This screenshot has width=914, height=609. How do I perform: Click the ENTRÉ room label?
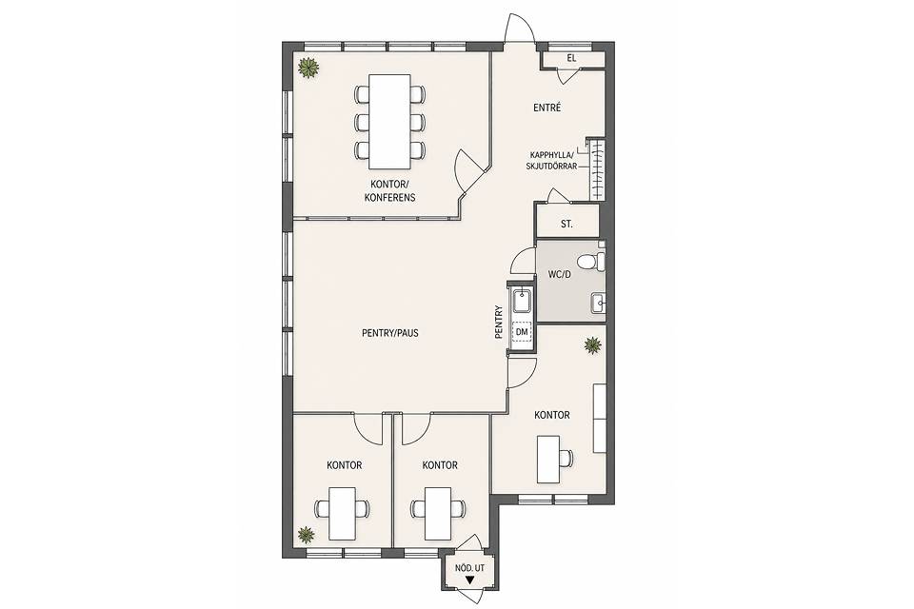pyautogui.click(x=546, y=108)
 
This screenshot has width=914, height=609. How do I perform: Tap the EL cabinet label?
pyautogui.click(x=571, y=58)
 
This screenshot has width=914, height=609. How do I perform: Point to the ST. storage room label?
pyautogui.click(x=566, y=224)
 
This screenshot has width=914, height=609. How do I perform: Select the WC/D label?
pyautogui.click(x=559, y=274)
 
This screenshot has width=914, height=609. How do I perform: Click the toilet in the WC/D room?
pyautogui.click(x=592, y=262)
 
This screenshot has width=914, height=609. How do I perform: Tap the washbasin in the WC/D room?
pyautogui.click(x=598, y=303)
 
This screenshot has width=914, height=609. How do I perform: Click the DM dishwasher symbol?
pyautogui.click(x=522, y=331)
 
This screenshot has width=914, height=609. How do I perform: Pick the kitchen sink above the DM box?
pyautogui.click(x=522, y=303)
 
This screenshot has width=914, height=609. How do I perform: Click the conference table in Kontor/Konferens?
pyautogui.click(x=390, y=121)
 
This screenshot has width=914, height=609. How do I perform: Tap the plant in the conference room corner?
pyautogui.click(x=308, y=68)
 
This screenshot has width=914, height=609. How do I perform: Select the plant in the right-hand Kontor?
pyautogui.click(x=593, y=345)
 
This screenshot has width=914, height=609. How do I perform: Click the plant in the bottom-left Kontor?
pyautogui.click(x=305, y=534)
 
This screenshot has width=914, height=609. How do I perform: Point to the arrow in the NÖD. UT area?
pyautogui.click(x=469, y=580)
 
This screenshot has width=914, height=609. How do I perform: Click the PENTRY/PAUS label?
pyautogui.click(x=390, y=333)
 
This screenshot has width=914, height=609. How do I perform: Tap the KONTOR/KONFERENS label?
pyautogui.click(x=390, y=190)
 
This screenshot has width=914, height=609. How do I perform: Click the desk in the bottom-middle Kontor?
pyautogui.click(x=438, y=514)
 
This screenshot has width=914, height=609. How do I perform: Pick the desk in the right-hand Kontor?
pyautogui.click(x=548, y=460)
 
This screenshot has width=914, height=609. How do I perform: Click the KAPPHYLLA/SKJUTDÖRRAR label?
pyautogui.click(x=551, y=160)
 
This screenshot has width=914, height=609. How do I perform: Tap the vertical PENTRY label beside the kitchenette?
pyautogui.click(x=498, y=322)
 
